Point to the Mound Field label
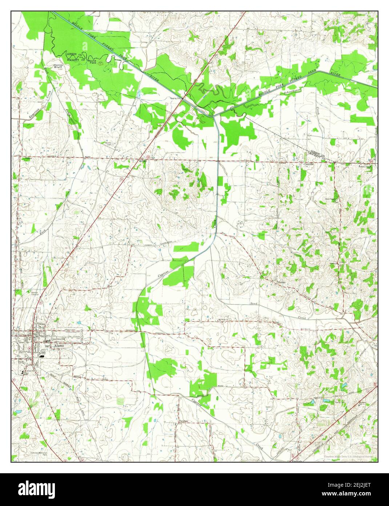92,62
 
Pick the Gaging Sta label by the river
176,98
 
